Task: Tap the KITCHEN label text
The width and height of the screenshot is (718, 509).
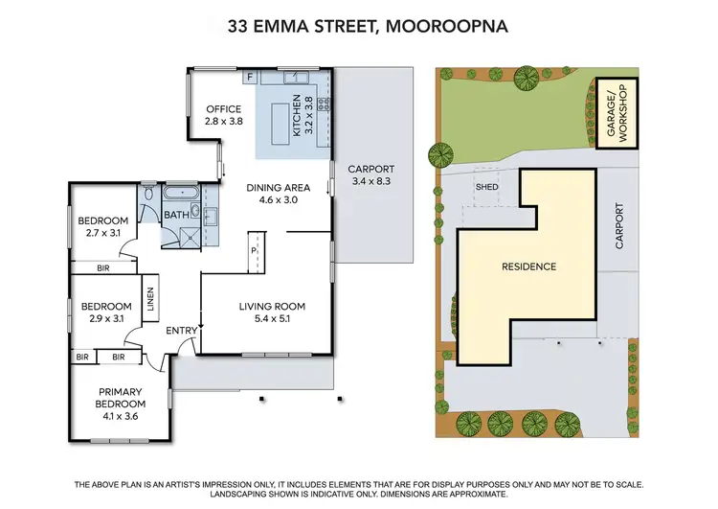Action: [x=298, y=116]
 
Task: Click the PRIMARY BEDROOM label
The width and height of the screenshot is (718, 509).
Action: [x=120, y=397]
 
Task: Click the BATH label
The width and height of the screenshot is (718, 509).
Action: [x=176, y=215]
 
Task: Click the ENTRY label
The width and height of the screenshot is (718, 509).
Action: [x=181, y=331]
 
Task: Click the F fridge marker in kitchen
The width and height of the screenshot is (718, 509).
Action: [x=250, y=75]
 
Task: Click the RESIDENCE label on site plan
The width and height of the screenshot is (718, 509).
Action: [x=529, y=266]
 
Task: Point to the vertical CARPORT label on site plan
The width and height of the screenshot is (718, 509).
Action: [x=618, y=225]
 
